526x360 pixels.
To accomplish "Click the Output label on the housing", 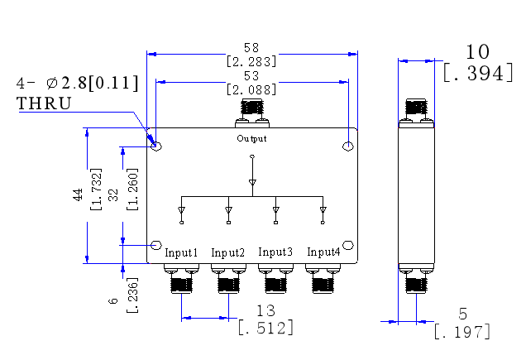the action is point(251,138).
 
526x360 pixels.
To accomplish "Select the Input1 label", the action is point(181,252).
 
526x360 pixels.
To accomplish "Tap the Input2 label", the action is point(227,252).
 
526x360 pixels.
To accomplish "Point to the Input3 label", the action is point(275,252).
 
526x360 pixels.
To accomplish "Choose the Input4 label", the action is point(323,252).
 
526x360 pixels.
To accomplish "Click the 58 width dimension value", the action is point(251,48).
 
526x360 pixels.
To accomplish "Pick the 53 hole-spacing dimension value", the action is point(251,76).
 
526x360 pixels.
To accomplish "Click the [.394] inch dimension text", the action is point(478,73).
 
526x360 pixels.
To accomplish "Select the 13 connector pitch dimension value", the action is point(265,311).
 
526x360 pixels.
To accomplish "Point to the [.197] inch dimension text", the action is point(462,332).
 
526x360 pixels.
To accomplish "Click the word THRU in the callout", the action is point(44,103).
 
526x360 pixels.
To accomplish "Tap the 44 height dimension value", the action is point(78,194).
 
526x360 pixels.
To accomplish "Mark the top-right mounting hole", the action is point(348,146).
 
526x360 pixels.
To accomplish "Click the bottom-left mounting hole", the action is point(156,245).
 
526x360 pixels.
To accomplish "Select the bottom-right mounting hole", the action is point(348,245).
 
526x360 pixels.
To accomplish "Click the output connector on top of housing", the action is point(252,113).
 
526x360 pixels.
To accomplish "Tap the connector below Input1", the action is point(181,279).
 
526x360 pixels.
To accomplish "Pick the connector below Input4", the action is point(323,279).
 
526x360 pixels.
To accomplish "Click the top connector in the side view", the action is point(416,113).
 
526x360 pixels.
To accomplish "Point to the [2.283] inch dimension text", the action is point(251,62).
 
